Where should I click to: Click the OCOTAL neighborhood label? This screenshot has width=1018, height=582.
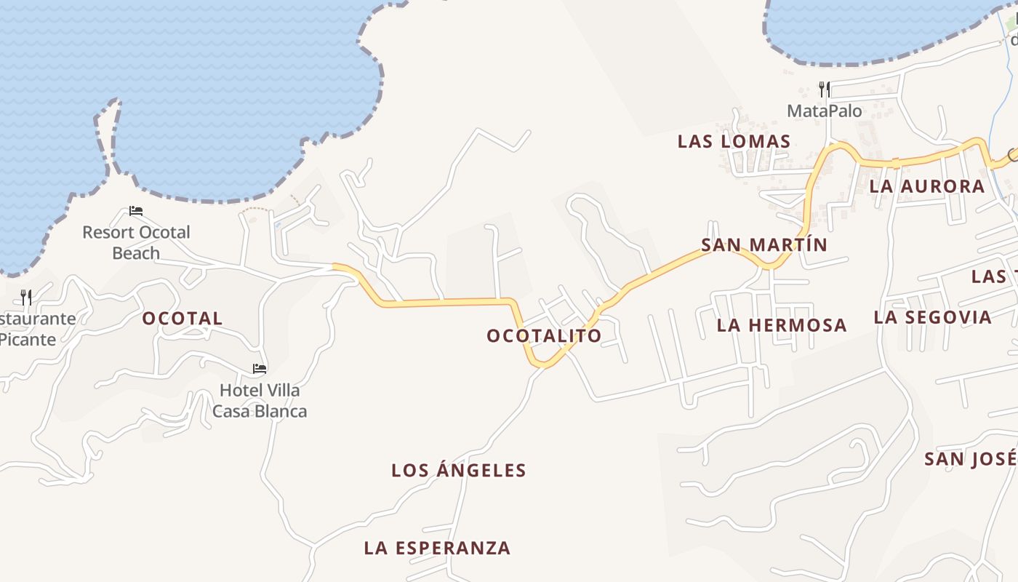(x=183, y=319)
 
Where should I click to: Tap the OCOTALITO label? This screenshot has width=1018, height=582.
(x=544, y=336)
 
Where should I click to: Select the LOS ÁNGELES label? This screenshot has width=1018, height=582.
(x=459, y=471)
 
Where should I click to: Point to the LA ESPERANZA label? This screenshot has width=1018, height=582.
(x=437, y=549)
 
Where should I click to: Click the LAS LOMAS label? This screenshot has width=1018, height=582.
(x=734, y=142)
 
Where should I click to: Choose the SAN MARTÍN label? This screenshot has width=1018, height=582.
(x=764, y=245)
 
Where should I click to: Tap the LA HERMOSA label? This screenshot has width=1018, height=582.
(x=782, y=325)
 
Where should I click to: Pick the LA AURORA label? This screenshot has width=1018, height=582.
(x=927, y=187)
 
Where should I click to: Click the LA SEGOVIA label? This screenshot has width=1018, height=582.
(x=932, y=317)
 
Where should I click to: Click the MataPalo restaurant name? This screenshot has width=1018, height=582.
(x=825, y=111)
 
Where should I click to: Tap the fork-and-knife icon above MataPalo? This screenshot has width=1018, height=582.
(x=824, y=89)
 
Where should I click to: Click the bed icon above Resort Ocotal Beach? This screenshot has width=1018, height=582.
(x=136, y=212)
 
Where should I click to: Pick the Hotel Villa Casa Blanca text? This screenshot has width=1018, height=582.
(x=260, y=401)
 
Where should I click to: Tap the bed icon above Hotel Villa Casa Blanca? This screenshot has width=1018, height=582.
(x=260, y=369)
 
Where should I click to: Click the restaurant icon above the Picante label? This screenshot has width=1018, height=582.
(x=26, y=297)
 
